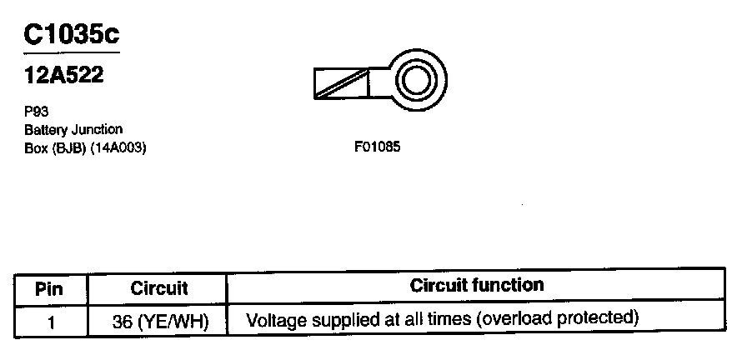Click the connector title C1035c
(x=72, y=35)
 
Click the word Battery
(x=45, y=129)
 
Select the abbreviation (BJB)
(x=68, y=147)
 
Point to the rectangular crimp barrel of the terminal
(x=341, y=82)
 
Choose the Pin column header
(x=51, y=289)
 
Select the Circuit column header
(x=158, y=289)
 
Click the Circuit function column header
(x=476, y=286)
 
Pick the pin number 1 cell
(x=51, y=321)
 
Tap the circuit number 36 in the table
(x=121, y=321)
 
